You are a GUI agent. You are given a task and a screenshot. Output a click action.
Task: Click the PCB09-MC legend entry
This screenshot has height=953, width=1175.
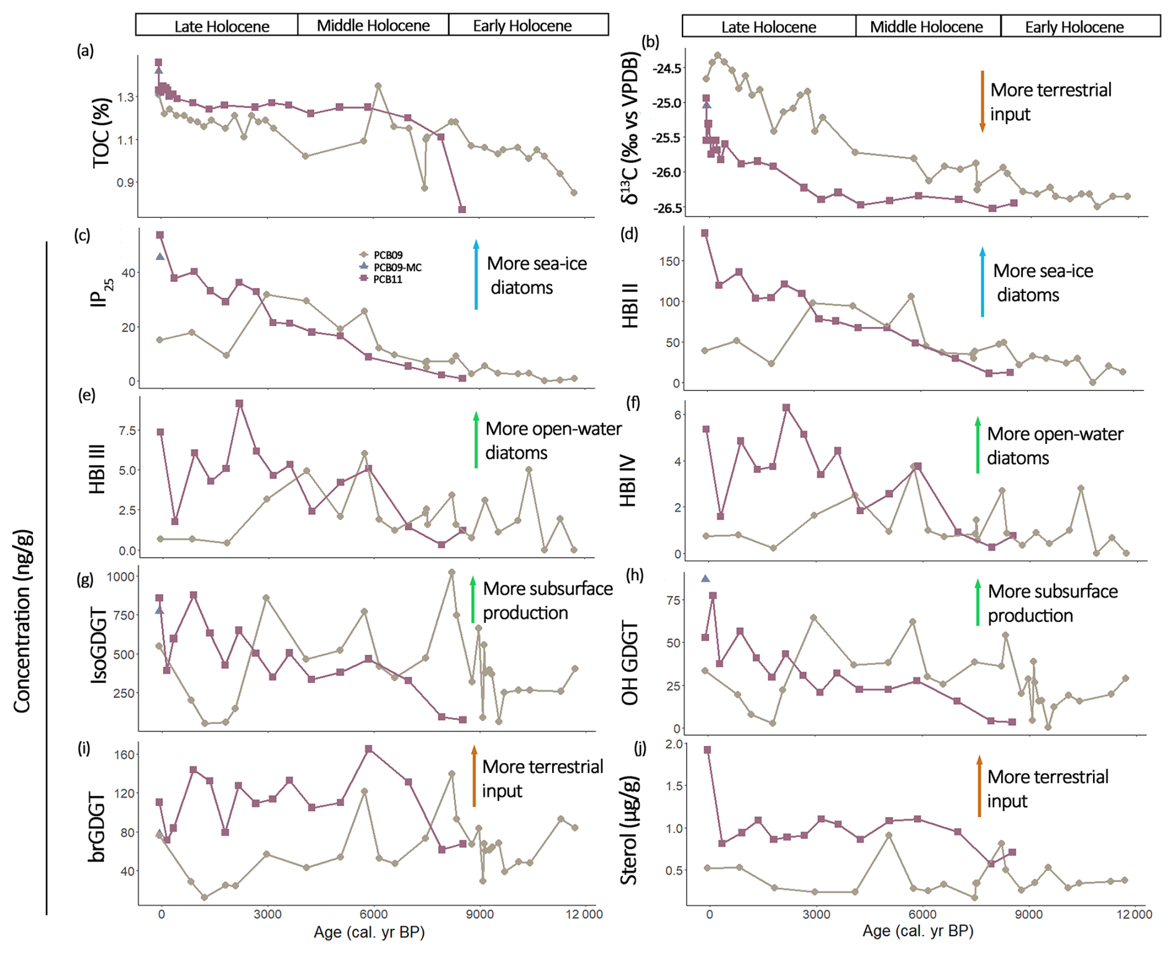(397, 267)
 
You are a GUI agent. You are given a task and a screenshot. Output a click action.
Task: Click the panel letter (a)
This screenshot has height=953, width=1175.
(85, 50)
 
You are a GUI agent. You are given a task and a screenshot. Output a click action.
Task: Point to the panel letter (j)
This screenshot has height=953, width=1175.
(640, 748)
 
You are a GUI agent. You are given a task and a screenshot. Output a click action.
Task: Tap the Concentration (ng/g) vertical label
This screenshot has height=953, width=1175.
(22, 621)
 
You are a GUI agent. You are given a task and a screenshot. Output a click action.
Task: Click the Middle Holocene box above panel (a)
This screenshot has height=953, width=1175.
(373, 25)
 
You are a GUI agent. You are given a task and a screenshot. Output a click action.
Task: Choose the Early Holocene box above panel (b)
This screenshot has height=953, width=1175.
(1074, 27)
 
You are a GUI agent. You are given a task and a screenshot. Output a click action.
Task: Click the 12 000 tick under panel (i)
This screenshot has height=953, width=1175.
(584, 913)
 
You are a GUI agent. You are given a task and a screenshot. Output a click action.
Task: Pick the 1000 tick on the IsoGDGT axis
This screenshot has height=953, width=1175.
(120, 576)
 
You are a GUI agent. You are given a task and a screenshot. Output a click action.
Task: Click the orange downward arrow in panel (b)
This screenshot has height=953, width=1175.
(982, 101)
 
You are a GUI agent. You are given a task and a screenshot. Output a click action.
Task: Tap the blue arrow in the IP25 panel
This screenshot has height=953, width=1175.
(476, 274)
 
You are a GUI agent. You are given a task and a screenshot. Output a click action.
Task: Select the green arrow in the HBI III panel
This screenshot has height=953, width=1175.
(476, 440)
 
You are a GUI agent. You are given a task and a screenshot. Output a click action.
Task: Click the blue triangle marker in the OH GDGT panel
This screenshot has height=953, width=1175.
(705, 578)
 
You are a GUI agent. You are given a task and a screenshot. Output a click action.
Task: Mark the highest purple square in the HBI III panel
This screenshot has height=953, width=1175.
(239, 404)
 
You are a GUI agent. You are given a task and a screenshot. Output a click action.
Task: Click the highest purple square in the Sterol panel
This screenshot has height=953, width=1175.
(707, 750)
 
